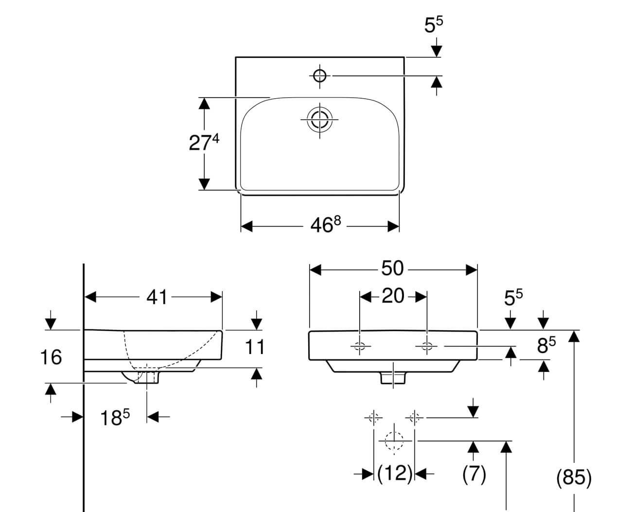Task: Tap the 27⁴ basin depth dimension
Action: point(204,142)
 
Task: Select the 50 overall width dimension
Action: point(392,268)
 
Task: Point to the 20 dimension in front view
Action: point(393,296)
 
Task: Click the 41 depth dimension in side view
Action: point(157,297)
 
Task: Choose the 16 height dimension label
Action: point(51,357)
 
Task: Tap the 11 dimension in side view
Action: point(255,347)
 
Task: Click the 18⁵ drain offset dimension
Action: point(115,417)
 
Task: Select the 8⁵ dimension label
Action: point(546,345)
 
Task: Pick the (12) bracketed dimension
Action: point(395,473)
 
